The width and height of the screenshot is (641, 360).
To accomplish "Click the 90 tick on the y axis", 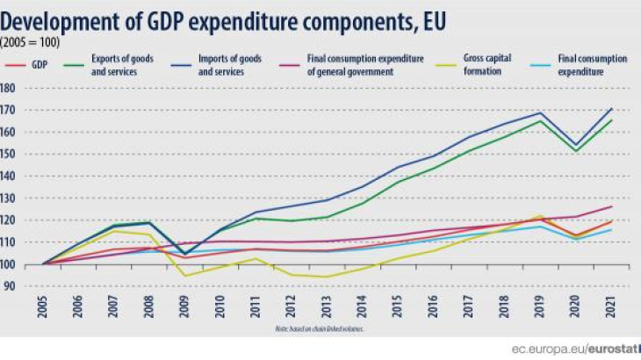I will [x=11, y=285].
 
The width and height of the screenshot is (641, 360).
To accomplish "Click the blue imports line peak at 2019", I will [x=540, y=113].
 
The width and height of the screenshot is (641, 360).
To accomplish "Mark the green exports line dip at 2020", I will [x=576, y=150].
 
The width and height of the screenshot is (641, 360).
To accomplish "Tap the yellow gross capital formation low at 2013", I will [x=327, y=277].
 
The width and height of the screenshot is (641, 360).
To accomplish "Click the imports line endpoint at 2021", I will [x=611, y=109].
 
